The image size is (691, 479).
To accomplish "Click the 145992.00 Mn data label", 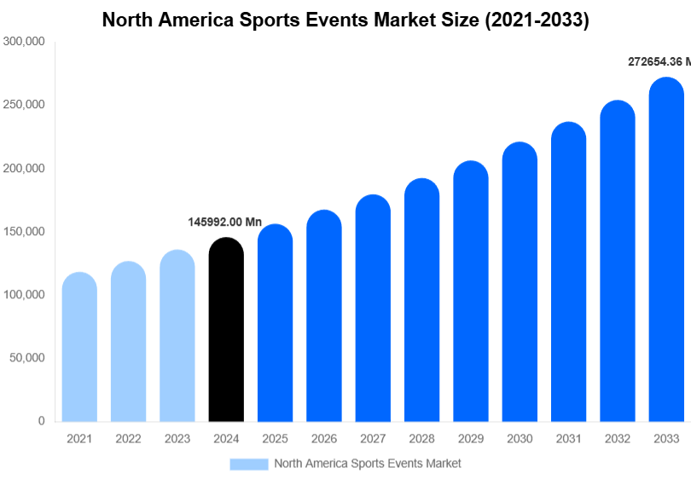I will click(x=224, y=222).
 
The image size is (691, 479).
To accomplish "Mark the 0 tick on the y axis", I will click(x=41, y=421).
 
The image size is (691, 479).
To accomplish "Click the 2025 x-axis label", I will click(x=275, y=439).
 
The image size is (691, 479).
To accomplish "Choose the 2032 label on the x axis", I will click(x=618, y=439).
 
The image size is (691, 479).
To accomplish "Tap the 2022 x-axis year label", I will click(x=128, y=439).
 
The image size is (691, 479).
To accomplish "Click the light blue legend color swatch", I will click(x=248, y=464).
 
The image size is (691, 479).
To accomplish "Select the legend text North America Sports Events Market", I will click(x=367, y=464).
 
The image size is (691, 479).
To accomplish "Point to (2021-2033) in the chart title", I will click(x=537, y=20).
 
